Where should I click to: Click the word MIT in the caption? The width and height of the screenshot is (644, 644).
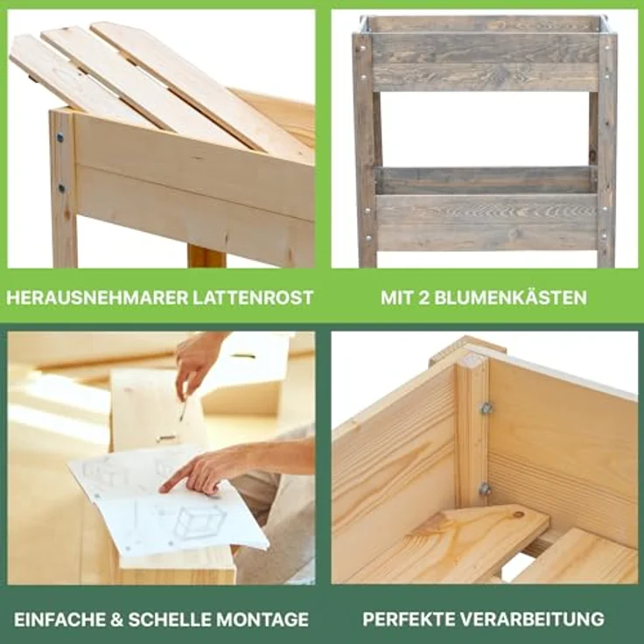coord(398,297)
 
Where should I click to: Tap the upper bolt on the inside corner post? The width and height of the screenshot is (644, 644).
coord(486,408)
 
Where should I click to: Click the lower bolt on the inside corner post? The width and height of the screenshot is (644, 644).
coord(485,489)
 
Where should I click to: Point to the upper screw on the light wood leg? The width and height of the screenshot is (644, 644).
coord(60,137)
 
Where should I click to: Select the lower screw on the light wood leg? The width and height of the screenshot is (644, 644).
coord(61,187)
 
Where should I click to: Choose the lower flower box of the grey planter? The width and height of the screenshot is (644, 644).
coord(486,210)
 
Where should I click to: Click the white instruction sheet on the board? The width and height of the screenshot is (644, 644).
coord(166,503)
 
